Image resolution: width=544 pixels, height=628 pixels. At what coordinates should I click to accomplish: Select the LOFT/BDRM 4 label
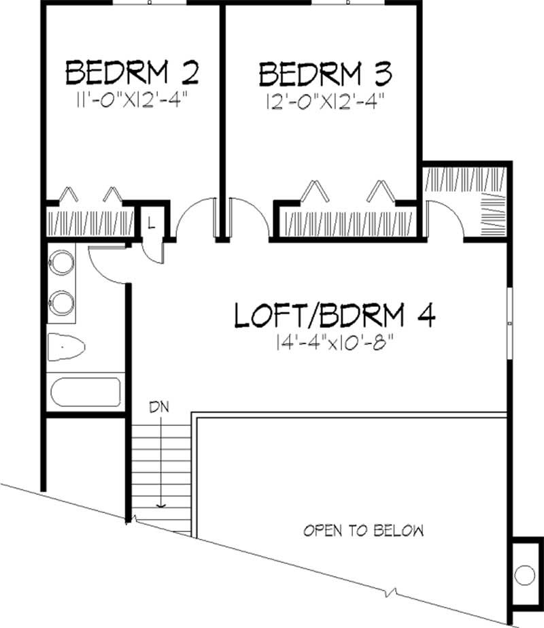click(x=335, y=316)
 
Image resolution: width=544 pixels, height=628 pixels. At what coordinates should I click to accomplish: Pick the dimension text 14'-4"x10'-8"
click(x=335, y=343)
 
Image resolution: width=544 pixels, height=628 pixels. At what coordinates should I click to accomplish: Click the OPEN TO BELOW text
click(x=364, y=530)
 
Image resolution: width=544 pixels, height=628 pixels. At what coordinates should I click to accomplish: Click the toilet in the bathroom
click(x=65, y=349)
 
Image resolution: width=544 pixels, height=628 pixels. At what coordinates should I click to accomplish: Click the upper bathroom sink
click(x=63, y=262)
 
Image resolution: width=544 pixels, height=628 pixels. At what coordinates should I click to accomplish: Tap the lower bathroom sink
click(x=63, y=302)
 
